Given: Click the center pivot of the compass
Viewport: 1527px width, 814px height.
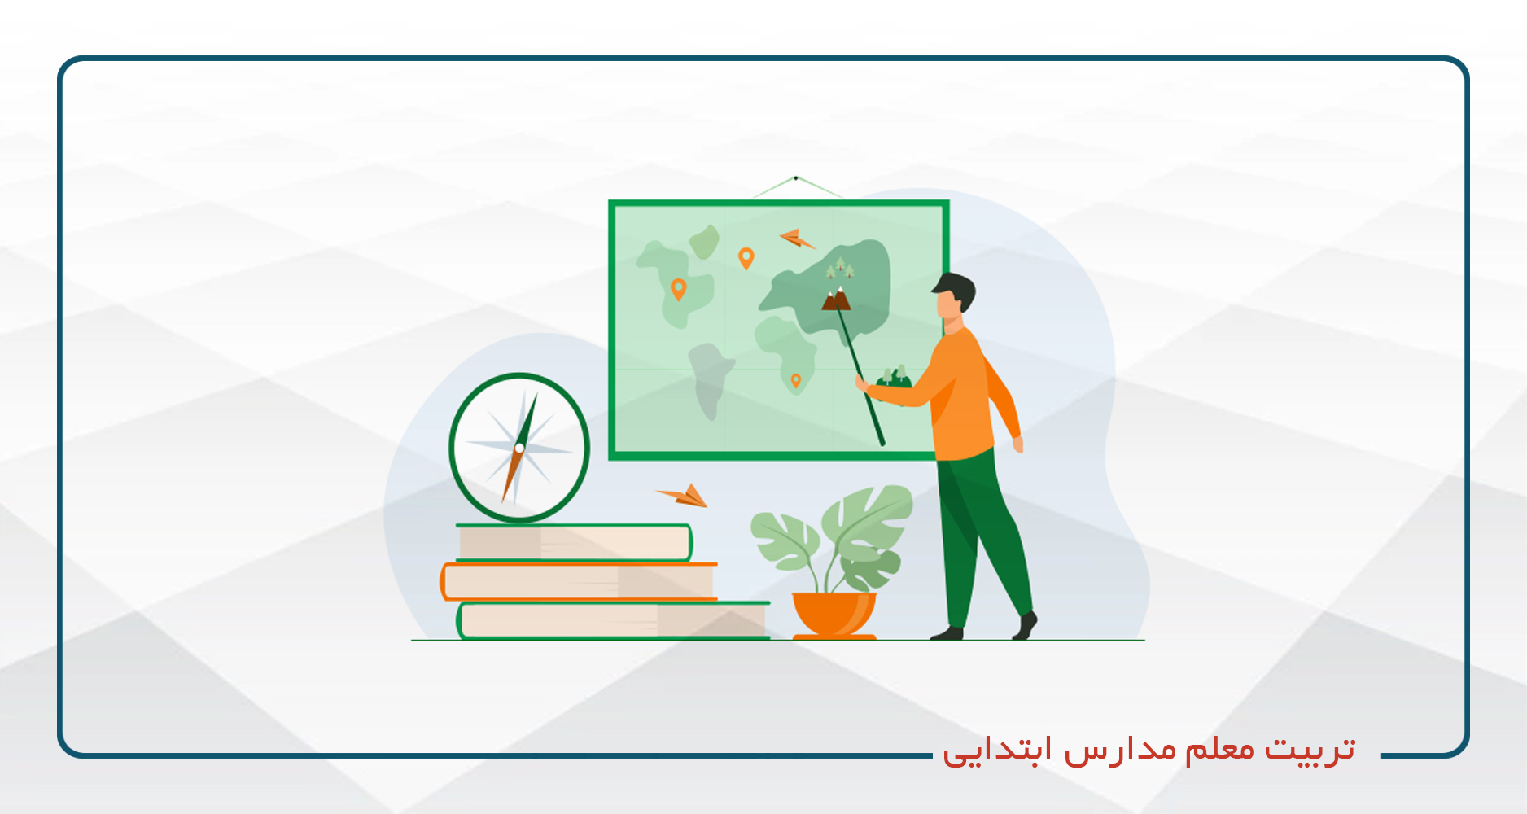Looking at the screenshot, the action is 519,448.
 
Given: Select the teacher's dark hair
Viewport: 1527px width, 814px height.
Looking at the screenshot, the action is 956,291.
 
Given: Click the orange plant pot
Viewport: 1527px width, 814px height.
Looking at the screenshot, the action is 834,615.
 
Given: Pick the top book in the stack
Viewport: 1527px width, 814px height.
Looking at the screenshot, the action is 574,543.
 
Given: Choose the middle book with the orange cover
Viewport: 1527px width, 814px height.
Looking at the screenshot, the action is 579,581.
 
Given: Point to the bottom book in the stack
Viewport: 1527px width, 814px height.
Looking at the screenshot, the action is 613,620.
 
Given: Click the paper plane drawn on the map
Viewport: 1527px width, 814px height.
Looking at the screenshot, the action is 797,239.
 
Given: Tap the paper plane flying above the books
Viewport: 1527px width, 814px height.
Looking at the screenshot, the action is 683,495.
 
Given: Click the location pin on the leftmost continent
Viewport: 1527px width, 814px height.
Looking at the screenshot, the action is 678,289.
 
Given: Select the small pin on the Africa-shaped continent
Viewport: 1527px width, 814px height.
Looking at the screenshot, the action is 796,381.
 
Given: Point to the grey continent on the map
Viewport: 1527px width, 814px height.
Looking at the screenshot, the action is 709,379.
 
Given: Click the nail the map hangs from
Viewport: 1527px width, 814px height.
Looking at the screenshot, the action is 795,177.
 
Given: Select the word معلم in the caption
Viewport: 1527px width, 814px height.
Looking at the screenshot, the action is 1219,748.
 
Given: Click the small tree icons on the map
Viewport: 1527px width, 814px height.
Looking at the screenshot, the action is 840,268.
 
